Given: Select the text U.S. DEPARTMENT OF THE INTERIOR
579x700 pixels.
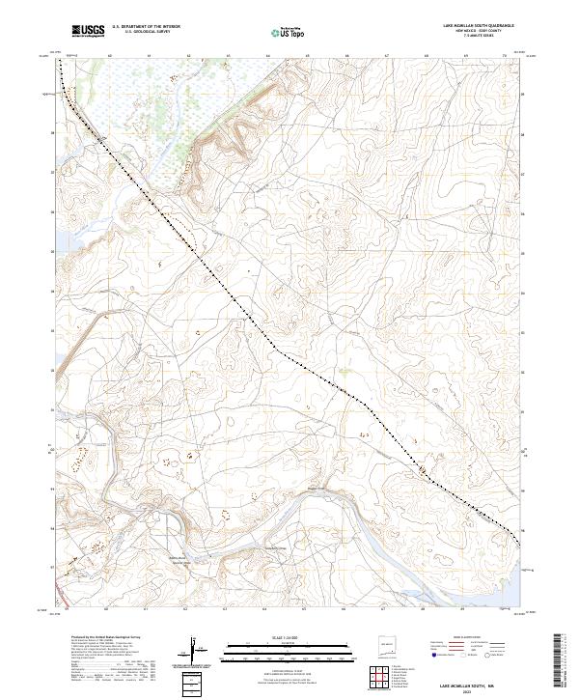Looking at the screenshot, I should [146, 26].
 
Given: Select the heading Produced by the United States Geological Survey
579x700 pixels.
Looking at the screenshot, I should [102, 637].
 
